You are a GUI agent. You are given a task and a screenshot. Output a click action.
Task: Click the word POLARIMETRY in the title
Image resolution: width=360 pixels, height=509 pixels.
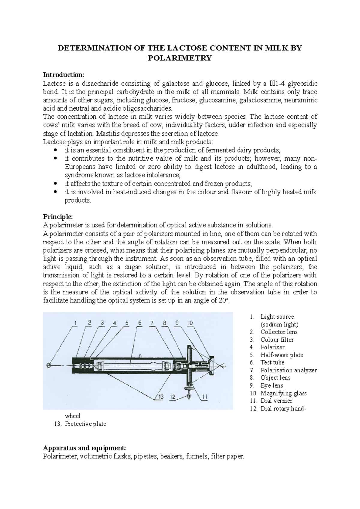coord(180,58)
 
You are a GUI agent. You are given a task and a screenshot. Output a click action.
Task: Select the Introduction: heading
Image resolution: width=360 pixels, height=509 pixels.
coord(64,75)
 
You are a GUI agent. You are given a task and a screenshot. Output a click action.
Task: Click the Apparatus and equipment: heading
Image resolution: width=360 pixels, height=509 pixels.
coord(84,448)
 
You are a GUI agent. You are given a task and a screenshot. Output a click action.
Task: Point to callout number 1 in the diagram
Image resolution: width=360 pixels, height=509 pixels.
coord(76,323)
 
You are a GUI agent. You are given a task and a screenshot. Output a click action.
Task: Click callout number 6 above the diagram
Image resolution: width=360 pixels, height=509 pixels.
coord(139,323)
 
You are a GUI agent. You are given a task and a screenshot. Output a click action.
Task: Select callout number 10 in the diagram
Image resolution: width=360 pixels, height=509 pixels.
coord(190,323)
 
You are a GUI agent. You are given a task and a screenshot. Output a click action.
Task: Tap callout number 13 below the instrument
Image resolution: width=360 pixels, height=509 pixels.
coord(161,397)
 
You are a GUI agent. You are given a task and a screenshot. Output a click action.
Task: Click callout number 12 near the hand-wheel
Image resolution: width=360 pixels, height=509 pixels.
coord(172,397)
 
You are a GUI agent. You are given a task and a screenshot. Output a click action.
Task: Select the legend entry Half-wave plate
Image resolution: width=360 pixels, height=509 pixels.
coord(282,355)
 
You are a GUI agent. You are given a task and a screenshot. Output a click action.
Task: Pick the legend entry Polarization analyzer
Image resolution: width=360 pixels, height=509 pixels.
coord(288,371)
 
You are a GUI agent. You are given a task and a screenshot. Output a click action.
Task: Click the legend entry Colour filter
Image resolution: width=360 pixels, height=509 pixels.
coord(277,340)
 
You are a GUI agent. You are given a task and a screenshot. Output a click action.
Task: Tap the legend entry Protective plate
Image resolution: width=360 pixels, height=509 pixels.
coord(85,424)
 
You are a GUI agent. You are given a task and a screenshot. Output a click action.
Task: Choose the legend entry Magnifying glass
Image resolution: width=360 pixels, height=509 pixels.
coord(283,393)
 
